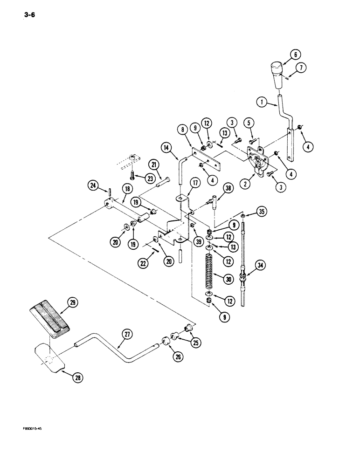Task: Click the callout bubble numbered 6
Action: click(295, 55)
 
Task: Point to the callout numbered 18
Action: click(113, 188)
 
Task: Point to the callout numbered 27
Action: click(126, 333)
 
